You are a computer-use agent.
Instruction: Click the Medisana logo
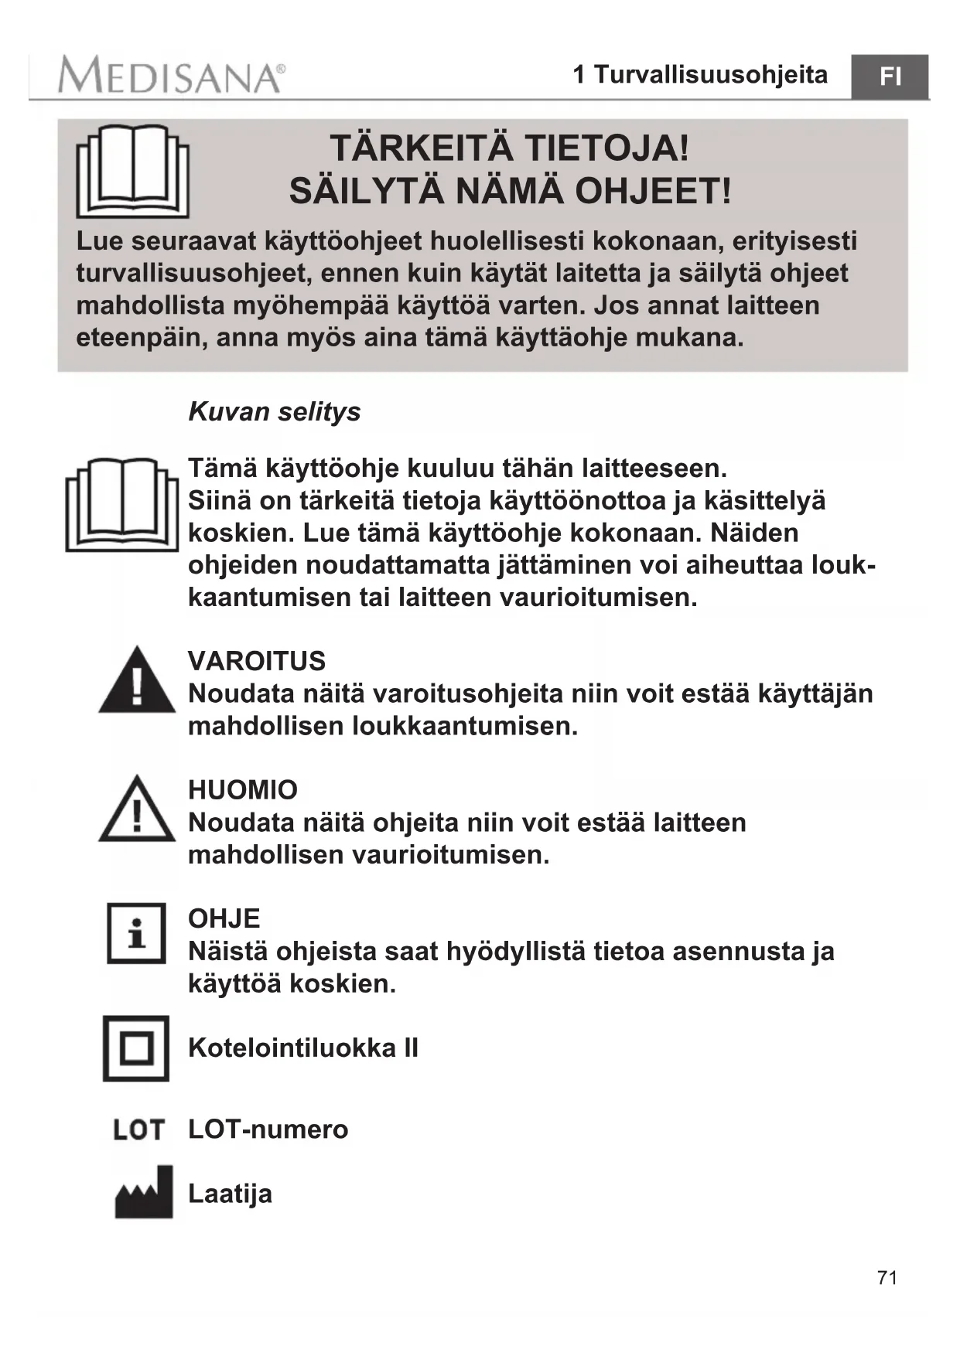(x=171, y=77)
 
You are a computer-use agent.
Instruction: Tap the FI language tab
(x=890, y=77)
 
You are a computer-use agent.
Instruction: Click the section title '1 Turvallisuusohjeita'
(x=700, y=75)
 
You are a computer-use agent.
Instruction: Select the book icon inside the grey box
(x=132, y=171)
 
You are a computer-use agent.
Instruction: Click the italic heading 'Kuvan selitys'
(x=275, y=411)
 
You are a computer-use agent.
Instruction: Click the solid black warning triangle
(x=137, y=680)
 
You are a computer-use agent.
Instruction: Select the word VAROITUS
(x=257, y=661)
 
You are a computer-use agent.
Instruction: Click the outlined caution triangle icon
(x=137, y=809)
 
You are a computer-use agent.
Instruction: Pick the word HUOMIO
(x=243, y=790)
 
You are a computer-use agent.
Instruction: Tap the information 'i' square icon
(x=136, y=933)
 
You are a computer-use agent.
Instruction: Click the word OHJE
(x=224, y=918)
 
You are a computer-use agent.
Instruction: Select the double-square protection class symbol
(x=136, y=1048)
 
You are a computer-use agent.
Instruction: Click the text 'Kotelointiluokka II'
(x=303, y=1048)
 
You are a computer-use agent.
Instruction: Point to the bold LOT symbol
(x=138, y=1130)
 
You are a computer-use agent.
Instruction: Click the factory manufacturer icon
(x=144, y=1192)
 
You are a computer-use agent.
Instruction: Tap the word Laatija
(x=230, y=1194)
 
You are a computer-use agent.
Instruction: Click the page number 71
(x=887, y=1277)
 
